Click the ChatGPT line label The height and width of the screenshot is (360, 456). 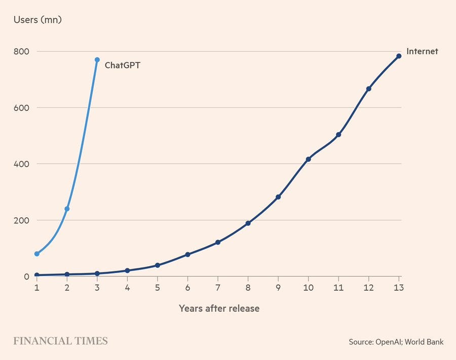(122, 65)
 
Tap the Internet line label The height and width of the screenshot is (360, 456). (422, 51)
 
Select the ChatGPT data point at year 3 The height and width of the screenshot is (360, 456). (97, 60)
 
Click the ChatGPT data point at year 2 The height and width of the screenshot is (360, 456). (67, 209)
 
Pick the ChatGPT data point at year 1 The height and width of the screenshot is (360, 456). (36, 254)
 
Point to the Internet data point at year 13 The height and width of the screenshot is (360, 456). (399, 56)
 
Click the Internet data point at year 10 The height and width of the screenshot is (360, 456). (308, 159)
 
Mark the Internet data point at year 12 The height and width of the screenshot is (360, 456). (369, 89)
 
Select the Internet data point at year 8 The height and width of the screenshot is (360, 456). (248, 223)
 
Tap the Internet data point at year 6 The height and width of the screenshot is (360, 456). (187, 255)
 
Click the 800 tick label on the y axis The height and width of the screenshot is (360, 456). (21, 52)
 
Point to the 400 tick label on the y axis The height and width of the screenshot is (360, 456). (21, 164)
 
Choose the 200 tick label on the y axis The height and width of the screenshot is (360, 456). (21, 220)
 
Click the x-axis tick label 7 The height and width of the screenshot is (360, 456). (218, 288)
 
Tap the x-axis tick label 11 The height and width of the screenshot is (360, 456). (338, 288)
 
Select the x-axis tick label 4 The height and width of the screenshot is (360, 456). (127, 288)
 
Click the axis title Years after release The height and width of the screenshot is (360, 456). (219, 308)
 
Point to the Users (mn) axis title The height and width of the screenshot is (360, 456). (37, 20)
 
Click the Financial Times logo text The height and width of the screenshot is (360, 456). (60, 341)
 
